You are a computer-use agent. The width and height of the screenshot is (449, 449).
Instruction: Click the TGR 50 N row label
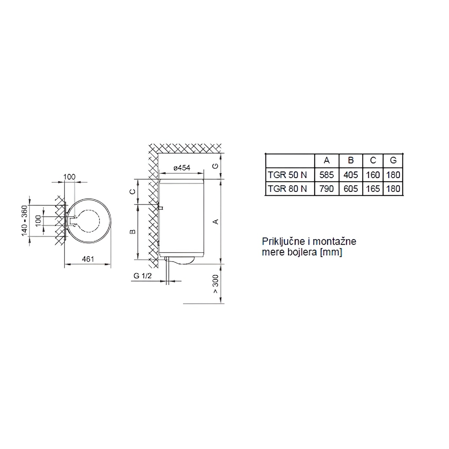(287, 175)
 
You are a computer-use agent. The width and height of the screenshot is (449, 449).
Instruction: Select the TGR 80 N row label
(287, 189)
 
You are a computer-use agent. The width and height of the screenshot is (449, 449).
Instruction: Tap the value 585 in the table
(326, 175)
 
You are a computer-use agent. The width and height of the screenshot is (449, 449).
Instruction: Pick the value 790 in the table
(326, 189)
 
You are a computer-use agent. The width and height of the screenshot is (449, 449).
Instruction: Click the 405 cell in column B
(351, 175)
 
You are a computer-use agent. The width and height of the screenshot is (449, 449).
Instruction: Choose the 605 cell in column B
(351, 189)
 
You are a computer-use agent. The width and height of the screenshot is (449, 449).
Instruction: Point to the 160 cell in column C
(373, 175)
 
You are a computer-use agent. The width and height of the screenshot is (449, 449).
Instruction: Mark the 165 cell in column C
(373, 189)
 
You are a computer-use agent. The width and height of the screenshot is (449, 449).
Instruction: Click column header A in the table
(327, 160)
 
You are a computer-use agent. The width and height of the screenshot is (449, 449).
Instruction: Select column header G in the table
(393, 160)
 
